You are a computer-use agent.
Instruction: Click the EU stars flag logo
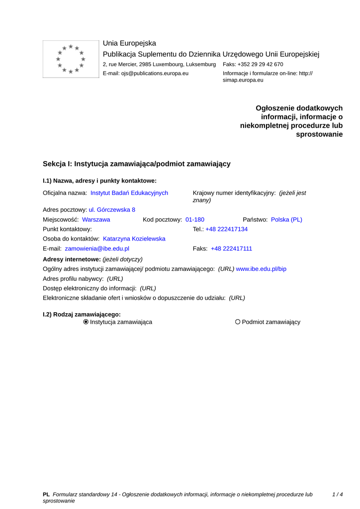71,59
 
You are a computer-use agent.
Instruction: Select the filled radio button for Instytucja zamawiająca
86,322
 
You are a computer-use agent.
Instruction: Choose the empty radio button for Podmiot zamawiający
238,322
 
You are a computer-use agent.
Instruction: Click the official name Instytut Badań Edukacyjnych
129,193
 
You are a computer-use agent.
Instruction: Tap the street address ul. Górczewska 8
112,210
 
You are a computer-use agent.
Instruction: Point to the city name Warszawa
96,219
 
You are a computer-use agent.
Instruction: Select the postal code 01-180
195,219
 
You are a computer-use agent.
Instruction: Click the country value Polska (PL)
286,219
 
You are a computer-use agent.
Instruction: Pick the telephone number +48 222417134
227,229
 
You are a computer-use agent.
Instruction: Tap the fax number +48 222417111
231,249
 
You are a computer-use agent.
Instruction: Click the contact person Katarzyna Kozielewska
134,239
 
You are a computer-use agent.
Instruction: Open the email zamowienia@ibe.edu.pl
97,249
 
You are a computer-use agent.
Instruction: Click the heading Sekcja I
136,164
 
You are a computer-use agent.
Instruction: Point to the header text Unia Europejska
129,43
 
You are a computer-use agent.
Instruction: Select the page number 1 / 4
338,495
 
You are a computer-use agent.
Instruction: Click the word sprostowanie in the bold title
319,134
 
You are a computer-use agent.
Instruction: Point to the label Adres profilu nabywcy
73,279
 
